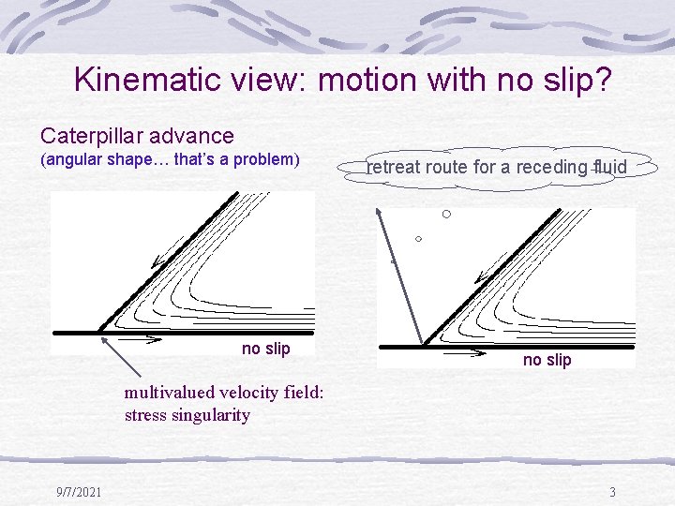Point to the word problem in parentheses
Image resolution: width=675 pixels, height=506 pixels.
tap(265, 160)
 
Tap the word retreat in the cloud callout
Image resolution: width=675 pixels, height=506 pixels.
tap(393, 168)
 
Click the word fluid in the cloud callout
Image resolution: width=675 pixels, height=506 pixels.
tap(609, 168)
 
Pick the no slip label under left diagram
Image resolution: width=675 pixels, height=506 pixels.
tap(266, 349)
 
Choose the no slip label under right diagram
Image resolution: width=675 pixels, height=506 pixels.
tap(547, 360)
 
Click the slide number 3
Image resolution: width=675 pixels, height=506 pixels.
tap(612, 492)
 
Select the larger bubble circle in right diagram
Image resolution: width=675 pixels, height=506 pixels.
tap(446, 215)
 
